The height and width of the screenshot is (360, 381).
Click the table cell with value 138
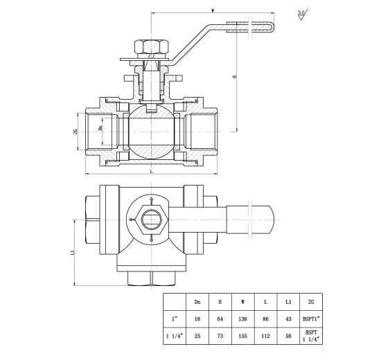click(242, 318)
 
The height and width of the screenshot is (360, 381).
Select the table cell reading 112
click(265, 336)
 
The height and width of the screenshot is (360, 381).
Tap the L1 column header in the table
click(288, 302)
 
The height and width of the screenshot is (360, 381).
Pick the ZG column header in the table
click(311, 302)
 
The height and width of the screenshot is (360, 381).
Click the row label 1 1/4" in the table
click(175, 336)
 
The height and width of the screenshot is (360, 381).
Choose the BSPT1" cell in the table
click(311, 318)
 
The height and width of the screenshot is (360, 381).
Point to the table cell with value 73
click(220, 336)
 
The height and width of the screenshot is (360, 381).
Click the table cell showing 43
click(288, 318)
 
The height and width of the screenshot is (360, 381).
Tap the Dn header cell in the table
click(197, 302)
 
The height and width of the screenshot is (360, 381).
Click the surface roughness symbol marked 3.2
click(302, 15)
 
